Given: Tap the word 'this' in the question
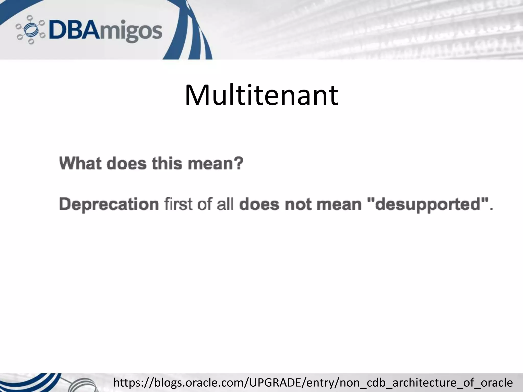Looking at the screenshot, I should point(167,164).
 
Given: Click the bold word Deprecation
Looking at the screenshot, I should point(109,205).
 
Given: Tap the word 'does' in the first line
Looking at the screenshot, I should point(126,164).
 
